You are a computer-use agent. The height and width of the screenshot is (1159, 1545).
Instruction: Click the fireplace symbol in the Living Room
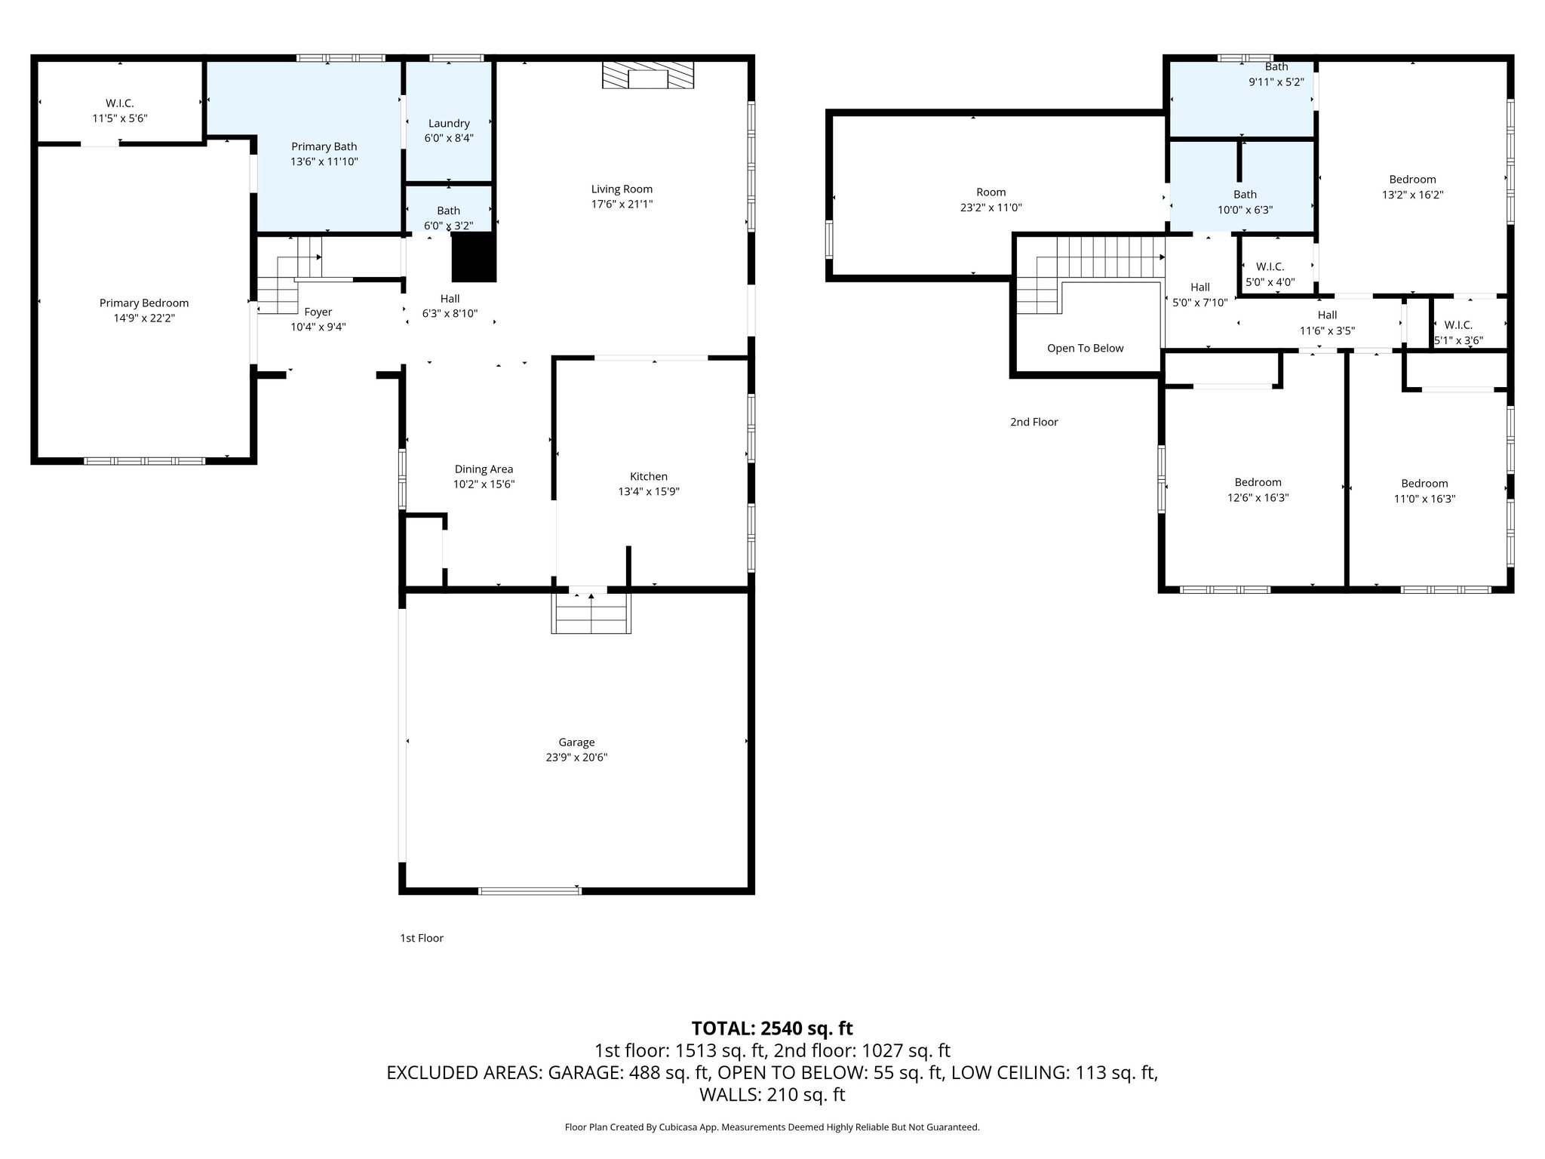(x=648, y=76)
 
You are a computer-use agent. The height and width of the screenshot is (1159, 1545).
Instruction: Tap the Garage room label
(x=576, y=742)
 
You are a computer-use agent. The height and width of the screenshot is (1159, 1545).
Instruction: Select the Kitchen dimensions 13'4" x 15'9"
(x=649, y=492)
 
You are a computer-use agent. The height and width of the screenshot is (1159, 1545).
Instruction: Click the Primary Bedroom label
(x=144, y=303)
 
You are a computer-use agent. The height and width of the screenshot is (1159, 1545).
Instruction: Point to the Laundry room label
(x=449, y=124)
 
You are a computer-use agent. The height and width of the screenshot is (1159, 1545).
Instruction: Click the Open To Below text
(x=1085, y=349)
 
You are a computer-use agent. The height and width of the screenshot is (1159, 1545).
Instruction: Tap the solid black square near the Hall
(x=474, y=257)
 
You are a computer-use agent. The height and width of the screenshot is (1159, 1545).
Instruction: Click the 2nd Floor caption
(x=1034, y=423)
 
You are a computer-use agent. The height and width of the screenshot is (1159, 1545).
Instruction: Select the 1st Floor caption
(x=421, y=939)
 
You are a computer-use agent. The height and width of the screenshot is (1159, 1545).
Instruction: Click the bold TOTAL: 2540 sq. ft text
(x=772, y=1028)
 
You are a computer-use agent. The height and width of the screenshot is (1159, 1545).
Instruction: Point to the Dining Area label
(x=484, y=469)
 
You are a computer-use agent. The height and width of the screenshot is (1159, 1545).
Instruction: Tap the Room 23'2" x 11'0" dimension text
(x=991, y=208)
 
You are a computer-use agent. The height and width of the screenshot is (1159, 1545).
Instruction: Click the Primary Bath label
(x=324, y=147)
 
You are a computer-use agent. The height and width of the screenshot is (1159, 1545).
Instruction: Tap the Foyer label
(x=318, y=312)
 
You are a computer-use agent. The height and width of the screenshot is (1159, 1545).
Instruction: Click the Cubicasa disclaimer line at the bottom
(x=772, y=1127)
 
